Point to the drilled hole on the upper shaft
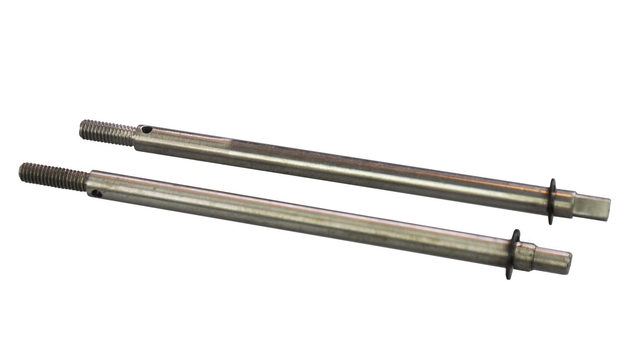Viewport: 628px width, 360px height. (147, 129)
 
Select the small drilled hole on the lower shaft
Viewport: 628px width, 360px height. (96, 193)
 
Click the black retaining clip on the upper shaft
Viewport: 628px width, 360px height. (552, 201)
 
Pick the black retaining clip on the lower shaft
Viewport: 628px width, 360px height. (513, 254)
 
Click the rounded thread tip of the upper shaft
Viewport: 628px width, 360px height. (82, 129)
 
